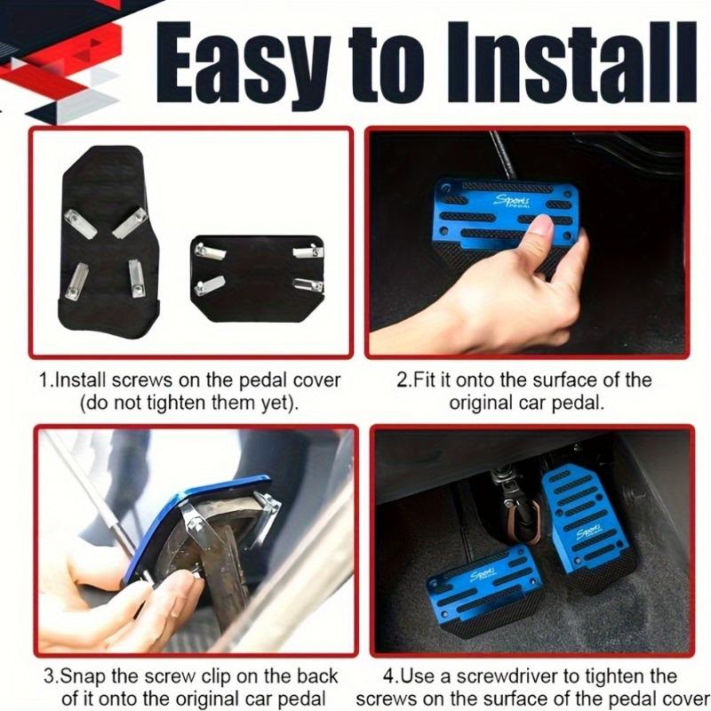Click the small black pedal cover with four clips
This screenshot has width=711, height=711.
(x=257, y=278)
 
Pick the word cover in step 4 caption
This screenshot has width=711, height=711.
(x=685, y=698)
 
